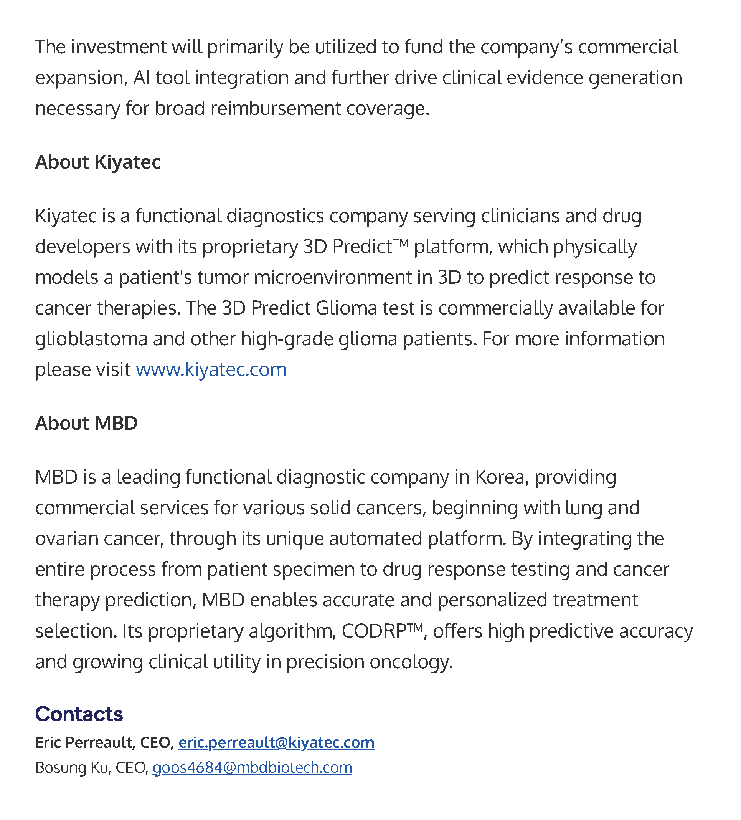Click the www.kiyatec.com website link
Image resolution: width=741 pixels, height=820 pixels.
pyautogui.click(x=211, y=369)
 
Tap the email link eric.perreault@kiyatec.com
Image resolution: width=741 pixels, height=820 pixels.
pyautogui.click(x=276, y=742)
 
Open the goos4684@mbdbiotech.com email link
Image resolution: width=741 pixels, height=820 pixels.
pyautogui.click(x=252, y=767)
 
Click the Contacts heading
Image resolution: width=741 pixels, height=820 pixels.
pyautogui.click(x=79, y=714)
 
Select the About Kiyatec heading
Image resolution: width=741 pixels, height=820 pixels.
pyautogui.click(x=98, y=162)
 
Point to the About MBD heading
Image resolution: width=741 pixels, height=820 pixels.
pyautogui.click(x=86, y=423)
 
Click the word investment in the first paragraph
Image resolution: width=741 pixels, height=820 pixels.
pyautogui.click(x=118, y=47)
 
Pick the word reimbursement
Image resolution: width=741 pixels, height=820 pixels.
pyautogui.click(x=276, y=108)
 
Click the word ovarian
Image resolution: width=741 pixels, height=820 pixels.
pyautogui.click(x=67, y=538)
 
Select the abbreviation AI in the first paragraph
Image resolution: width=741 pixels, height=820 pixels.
pyautogui.click(x=142, y=78)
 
